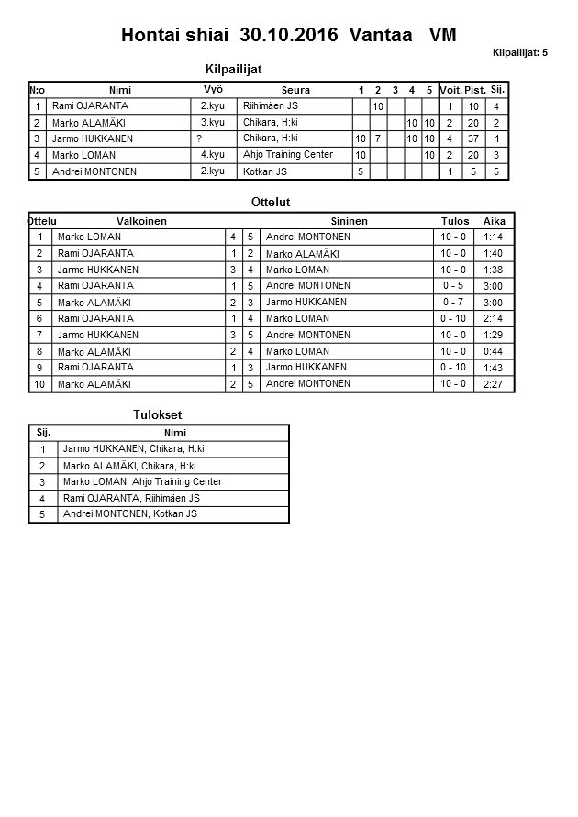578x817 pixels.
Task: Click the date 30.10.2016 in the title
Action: (288, 36)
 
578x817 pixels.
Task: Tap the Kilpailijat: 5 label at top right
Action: (519, 53)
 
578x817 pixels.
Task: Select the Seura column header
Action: (295, 90)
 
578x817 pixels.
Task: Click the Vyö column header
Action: (213, 89)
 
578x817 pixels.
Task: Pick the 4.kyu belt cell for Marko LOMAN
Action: (213, 155)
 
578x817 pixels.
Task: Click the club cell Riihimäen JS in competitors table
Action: (271, 106)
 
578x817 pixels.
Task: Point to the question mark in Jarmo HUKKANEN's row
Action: (199, 138)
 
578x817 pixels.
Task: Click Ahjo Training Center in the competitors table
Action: (288, 155)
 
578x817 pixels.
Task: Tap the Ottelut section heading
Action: (271, 202)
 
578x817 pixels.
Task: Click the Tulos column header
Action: (455, 221)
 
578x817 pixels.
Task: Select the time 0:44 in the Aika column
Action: (493, 351)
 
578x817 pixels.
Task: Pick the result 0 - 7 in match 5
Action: (453, 303)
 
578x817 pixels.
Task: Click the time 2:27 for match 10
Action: (493, 384)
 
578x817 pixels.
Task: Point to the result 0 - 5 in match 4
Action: (453, 286)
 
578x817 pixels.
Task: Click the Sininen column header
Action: (349, 221)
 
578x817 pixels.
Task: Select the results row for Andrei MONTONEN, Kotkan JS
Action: (129, 514)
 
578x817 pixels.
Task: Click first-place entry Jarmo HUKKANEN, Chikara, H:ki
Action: (134, 449)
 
